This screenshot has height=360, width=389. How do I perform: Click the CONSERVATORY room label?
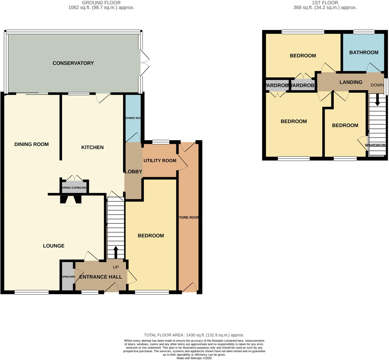point(73,63)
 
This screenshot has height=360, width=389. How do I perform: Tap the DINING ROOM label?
point(31,144)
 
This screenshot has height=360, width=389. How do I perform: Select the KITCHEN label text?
point(92,147)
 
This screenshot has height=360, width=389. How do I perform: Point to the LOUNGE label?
point(54,246)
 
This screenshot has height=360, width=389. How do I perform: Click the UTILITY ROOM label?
point(160,161)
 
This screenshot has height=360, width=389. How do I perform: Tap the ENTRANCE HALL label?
point(101,277)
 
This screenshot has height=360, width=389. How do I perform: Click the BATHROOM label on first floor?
point(364,52)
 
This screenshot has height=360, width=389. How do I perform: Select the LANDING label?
point(351,82)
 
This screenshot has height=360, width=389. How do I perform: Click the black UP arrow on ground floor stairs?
point(116,252)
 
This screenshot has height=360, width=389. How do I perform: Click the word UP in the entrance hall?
point(116,267)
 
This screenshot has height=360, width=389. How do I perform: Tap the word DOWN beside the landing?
point(377,85)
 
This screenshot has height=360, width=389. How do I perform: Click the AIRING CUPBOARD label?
point(74,188)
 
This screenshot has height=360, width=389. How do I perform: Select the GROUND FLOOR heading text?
point(101,3)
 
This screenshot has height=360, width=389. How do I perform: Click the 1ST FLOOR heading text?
point(325,3)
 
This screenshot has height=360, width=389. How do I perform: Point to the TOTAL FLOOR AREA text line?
point(194,335)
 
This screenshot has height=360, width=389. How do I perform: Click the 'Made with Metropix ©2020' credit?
point(194,358)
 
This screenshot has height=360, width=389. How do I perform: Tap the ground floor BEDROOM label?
point(151,236)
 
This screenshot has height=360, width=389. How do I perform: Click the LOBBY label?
point(133,172)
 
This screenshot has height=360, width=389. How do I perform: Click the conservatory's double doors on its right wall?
point(145,63)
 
